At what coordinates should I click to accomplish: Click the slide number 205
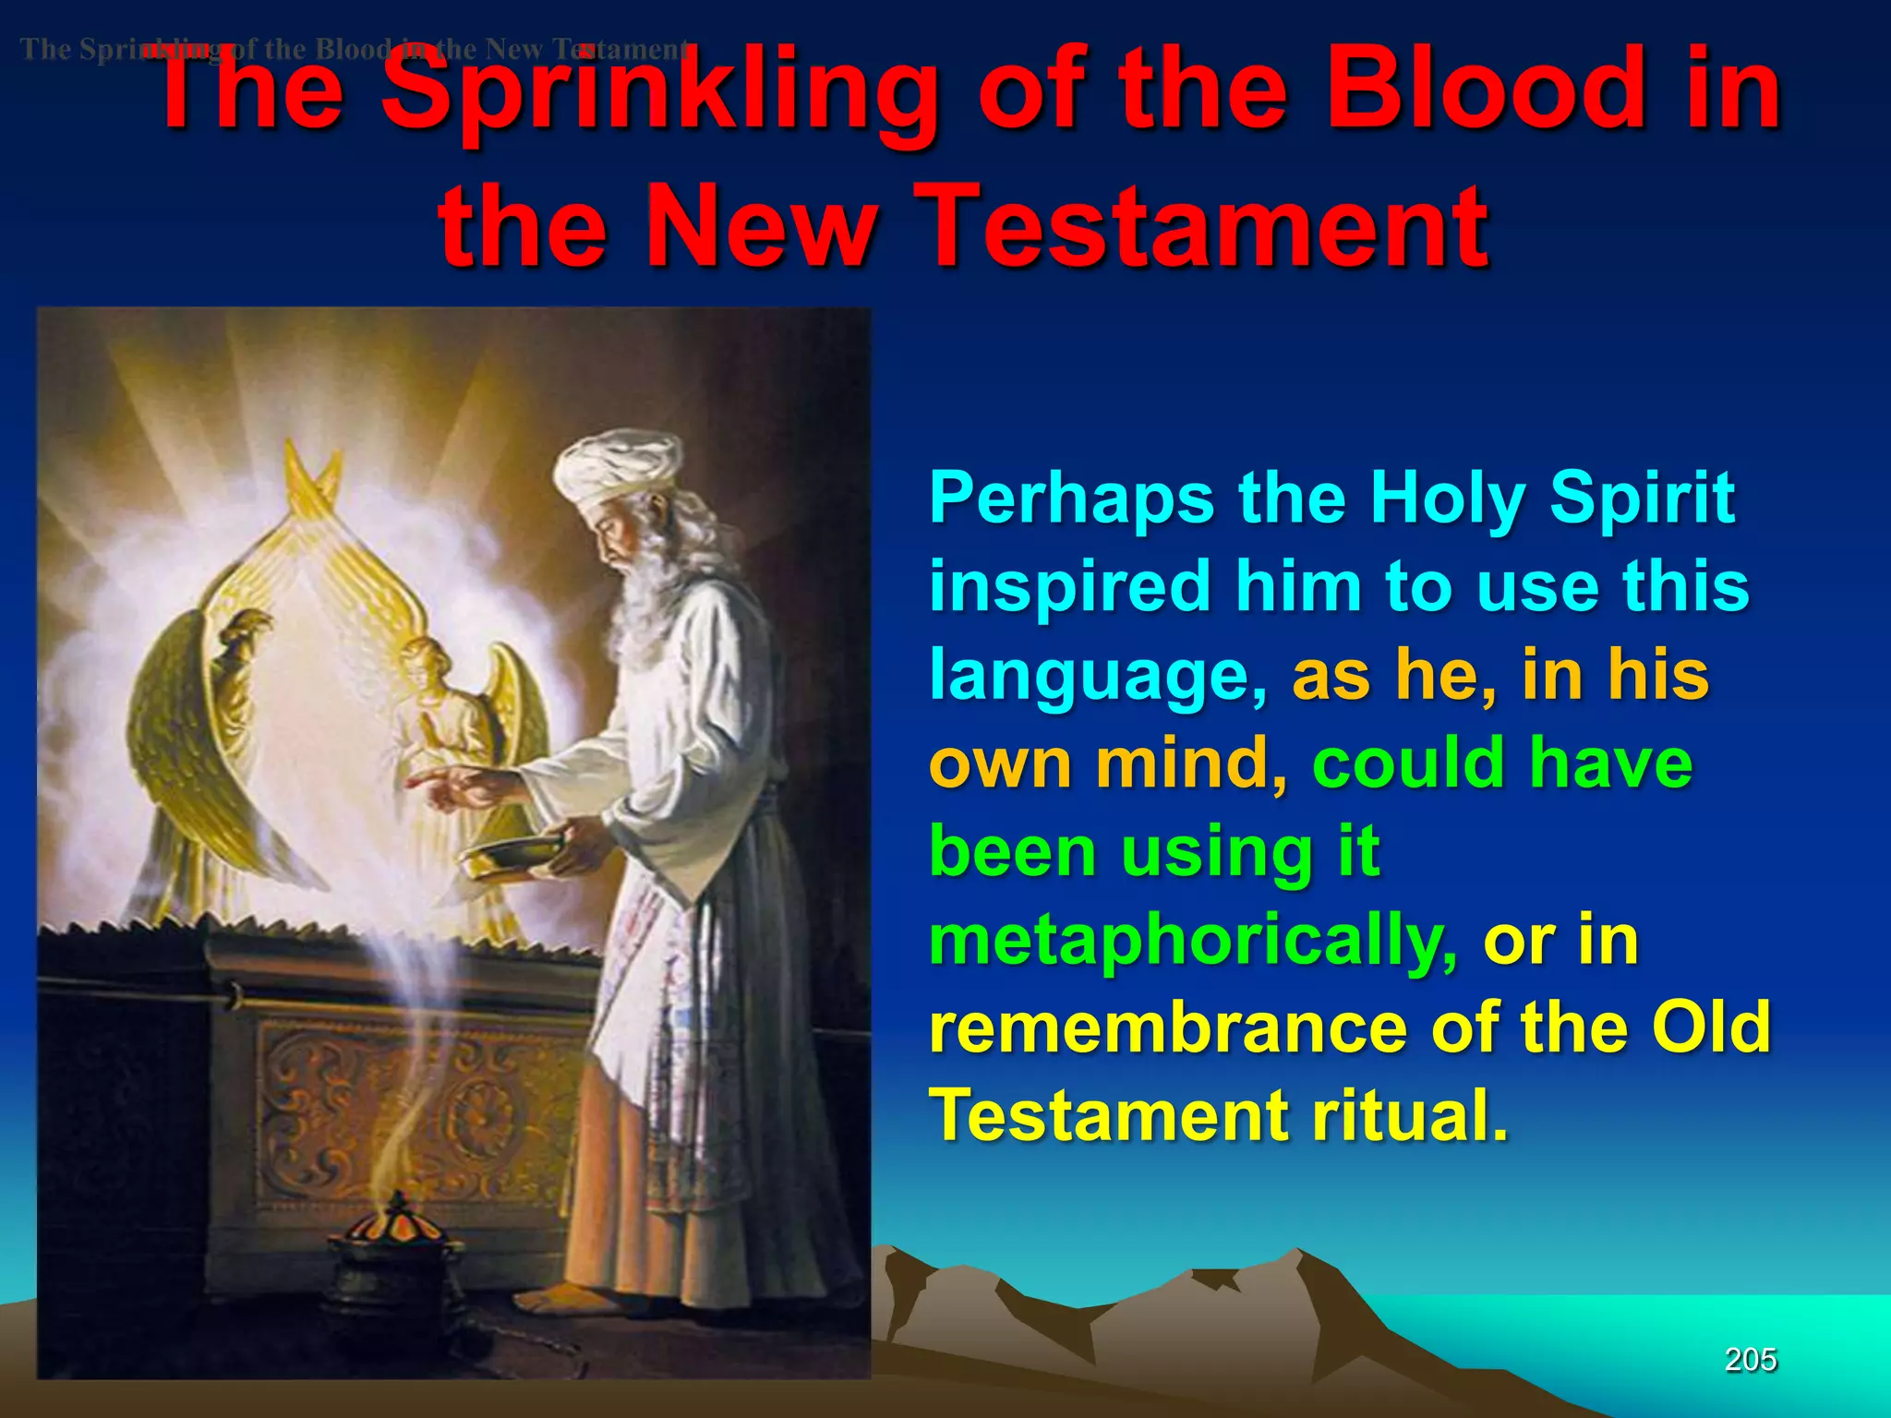(x=1751, y=1360)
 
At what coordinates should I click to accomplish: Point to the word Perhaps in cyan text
(x=1071, y=499)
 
